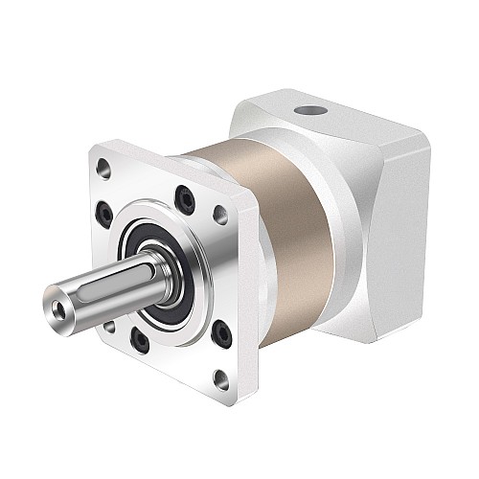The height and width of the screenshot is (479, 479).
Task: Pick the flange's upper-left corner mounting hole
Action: (104, 173)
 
